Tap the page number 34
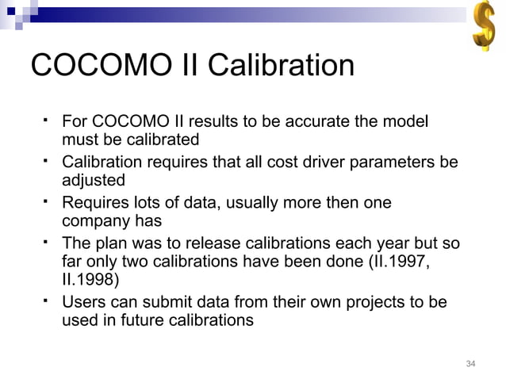tap(471, 364)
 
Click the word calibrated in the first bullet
tap(163, 141)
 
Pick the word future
tap(151, 321)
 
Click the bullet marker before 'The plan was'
tap(48, 239)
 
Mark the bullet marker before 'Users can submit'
tap(48, 300)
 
